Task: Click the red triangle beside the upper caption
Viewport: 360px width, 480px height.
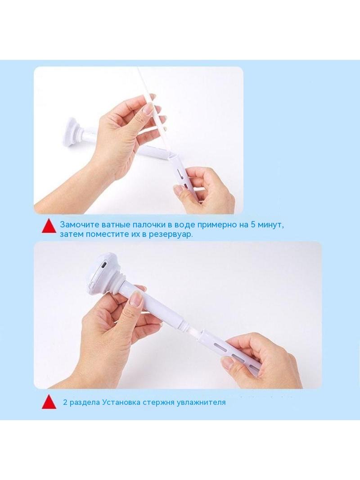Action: pyautogui.click(x=49, y=226)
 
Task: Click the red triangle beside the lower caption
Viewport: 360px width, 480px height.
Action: pyautogui.click(x=49, y=402)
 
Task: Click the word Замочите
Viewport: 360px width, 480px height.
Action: pyautogui.click(x=75, y=224)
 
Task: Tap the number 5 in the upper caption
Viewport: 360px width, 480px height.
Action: pyautogui.click(x=253, y=224)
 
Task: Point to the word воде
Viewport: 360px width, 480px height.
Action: pyautogui.click(x=184, y=224)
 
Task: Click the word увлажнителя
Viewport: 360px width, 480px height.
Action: pyautogui.click(x=201, y=402)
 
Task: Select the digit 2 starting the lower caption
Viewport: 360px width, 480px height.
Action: pyautogui.click(x=65, y=402)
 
